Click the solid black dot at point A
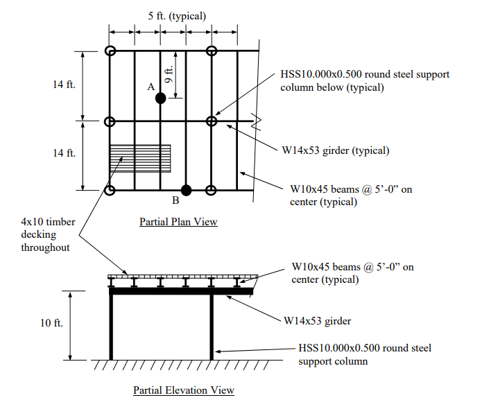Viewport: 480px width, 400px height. coord(160,98)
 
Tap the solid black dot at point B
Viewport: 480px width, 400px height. coord(186,190)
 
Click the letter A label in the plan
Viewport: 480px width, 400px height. coord(151,87)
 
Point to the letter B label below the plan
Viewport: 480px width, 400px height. coord(175,200)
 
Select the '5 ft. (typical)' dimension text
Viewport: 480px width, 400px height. coord(177,16)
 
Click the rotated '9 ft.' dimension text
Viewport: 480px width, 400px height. coord(169,74)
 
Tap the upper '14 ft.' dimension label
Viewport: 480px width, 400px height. coord(64,84)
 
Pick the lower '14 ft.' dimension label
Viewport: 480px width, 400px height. coord(64,153)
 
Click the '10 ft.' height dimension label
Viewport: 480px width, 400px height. coord(51,322)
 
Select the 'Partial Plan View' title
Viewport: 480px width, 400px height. coord(178,222)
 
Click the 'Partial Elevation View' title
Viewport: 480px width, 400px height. coord(184,390)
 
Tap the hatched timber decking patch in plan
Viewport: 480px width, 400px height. coord(140,159)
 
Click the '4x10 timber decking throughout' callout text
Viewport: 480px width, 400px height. coord(48,234)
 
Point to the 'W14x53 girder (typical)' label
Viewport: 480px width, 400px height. coord(336,150)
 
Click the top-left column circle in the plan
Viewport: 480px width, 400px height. coord(110,51)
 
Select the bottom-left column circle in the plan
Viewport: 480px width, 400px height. coord(110,190)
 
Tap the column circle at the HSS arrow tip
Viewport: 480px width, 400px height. coord(212,121)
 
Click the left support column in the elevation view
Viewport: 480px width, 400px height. coord(111,327)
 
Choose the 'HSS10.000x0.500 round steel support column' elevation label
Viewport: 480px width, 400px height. coord(365,354)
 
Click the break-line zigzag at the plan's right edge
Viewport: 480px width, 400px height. coord(256,121)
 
